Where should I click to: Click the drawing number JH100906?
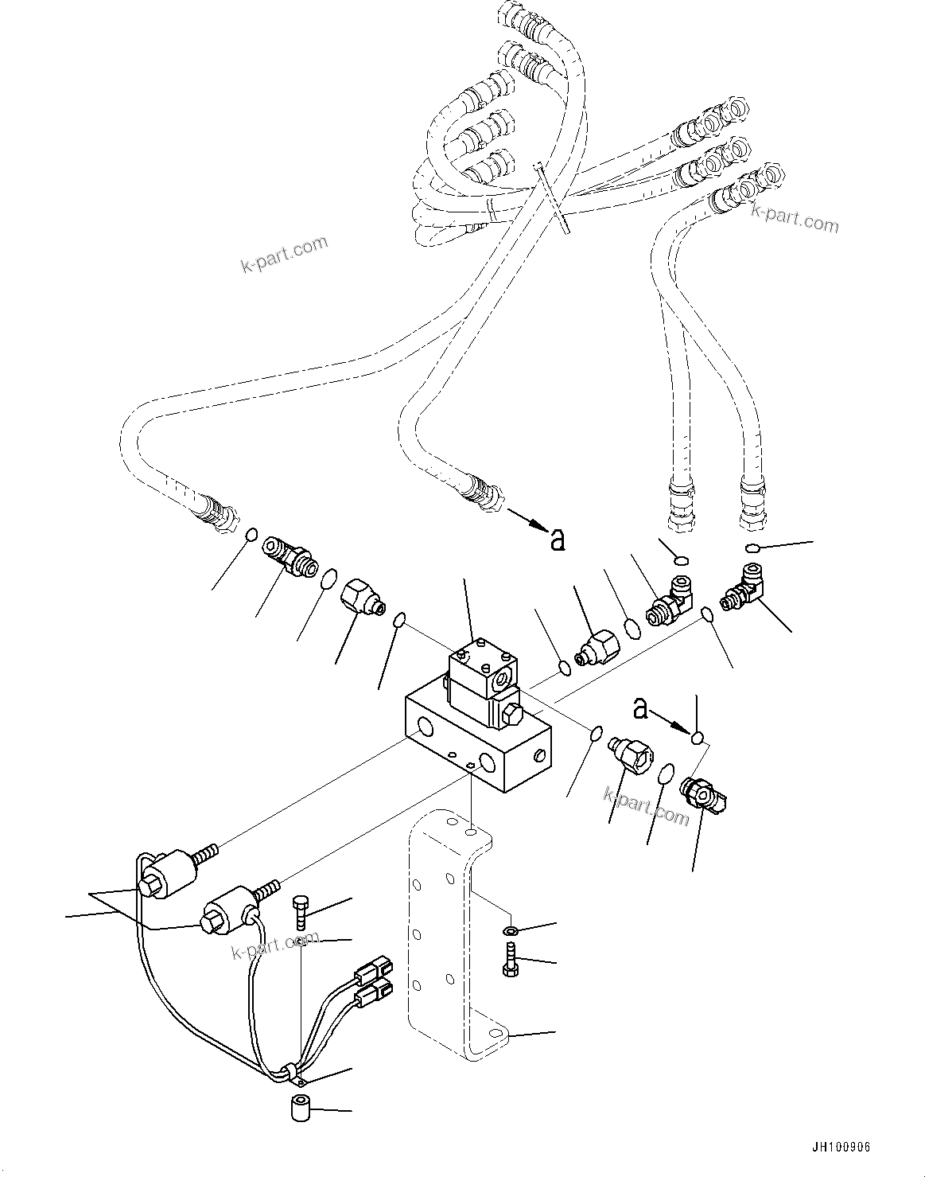pyautogui.click(x=841, y=1148)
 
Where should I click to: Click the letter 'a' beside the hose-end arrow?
pyautogui.click(x=558, y=540)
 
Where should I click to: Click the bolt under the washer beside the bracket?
pyautogui.click(x=509, y=958)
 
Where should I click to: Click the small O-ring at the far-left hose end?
pyautogui.click(x=251, y=535)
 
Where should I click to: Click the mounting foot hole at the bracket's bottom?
pyautogui.click(x=496, y=1032)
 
